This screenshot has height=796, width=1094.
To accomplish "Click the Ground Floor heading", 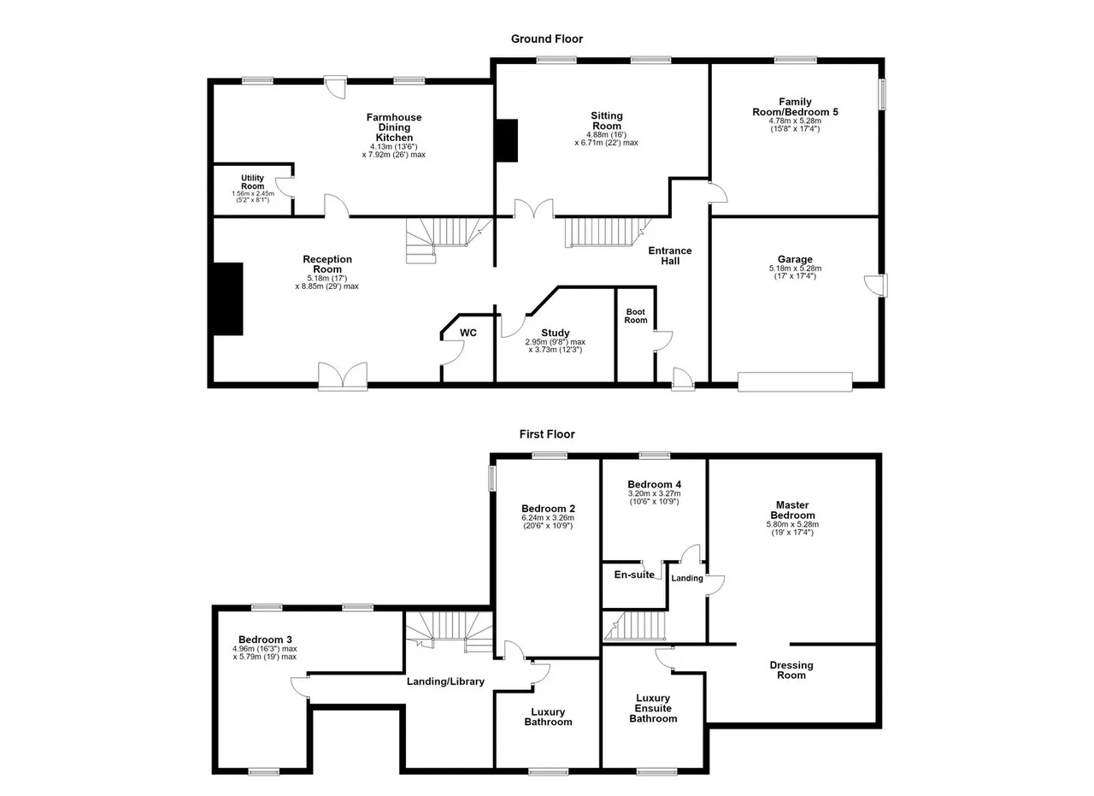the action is click(546, 39).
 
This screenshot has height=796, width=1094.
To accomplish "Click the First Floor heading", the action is click(547, 434).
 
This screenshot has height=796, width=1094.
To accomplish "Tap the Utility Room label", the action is click(252, 182).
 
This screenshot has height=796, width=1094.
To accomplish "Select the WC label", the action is click(468, 333).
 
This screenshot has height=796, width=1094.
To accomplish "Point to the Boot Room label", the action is click(635, 315).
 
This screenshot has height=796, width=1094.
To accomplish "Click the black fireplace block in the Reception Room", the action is click(228, 299).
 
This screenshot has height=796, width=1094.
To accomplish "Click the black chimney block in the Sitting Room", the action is click(507, 140).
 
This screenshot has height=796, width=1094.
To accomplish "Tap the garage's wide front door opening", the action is click(795, 381).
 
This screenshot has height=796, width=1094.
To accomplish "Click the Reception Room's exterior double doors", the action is click(343, 376).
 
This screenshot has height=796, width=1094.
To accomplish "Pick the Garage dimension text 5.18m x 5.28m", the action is click(795, 268).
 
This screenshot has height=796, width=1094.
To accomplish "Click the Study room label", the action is click(556, 333).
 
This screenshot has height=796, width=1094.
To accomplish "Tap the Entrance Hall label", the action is click(670, 256).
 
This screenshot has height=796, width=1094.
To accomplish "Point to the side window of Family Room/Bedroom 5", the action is click(883, 94).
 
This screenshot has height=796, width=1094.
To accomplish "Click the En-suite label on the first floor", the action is click(634, 575).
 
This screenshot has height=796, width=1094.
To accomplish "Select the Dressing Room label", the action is click(791, 670).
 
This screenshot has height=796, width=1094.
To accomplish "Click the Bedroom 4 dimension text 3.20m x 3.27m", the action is click(655, 493).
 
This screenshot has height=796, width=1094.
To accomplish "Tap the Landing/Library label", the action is click(445, 681).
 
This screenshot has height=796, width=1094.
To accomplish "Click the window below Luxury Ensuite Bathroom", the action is click(657, 772).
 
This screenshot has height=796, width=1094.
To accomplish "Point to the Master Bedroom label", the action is click(792, 510).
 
